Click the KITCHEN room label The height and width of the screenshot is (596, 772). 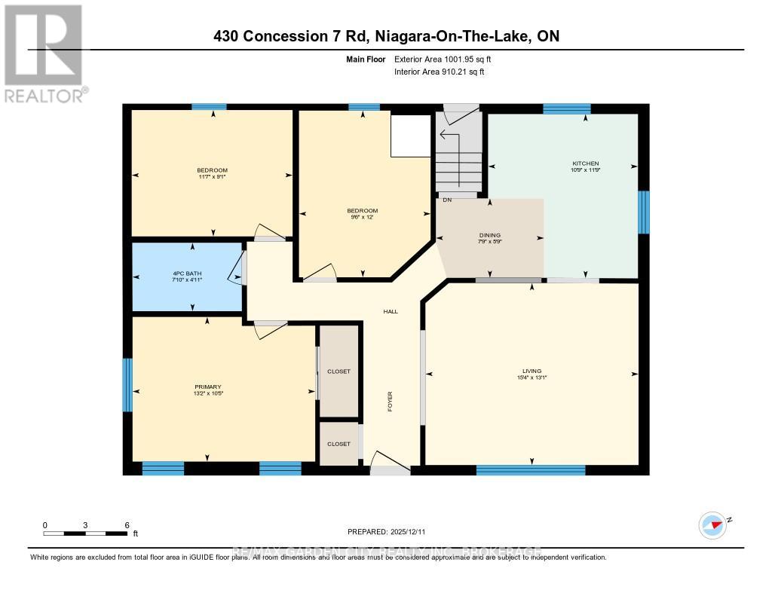586,164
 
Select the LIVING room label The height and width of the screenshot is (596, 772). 532,371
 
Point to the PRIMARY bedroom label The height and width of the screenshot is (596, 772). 207,387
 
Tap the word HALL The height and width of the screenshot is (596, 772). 391,311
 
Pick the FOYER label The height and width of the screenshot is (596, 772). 391,401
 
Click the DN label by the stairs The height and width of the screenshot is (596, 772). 447,200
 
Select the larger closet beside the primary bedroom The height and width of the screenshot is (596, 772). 339,371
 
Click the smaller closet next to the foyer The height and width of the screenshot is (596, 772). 339,444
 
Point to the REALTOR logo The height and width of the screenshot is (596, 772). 44,53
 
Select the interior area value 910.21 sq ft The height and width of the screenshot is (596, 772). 440,72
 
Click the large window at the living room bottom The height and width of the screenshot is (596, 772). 531,470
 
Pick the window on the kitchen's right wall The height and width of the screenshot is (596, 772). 644,212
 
